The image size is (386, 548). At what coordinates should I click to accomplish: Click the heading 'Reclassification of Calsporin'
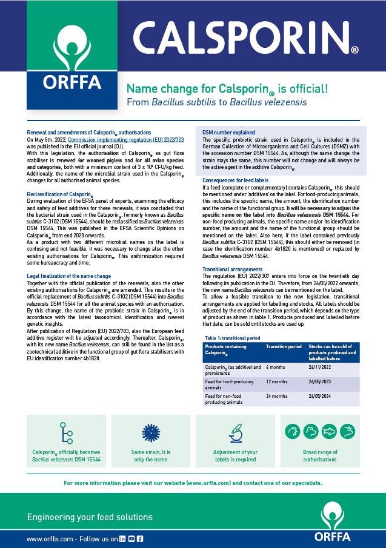tap(60, 194)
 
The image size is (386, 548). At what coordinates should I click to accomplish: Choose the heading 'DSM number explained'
tap(228, 132)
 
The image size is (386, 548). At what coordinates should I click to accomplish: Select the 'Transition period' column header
tap(284, 346)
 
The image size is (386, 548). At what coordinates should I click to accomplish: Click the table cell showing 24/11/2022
tap(321, 367)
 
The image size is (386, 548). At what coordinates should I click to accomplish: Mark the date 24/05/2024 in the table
tap(321, 396)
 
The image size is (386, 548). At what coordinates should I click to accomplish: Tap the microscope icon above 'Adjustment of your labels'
tap(236, 432)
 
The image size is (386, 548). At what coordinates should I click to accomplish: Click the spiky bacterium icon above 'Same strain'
tap(150, 432)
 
